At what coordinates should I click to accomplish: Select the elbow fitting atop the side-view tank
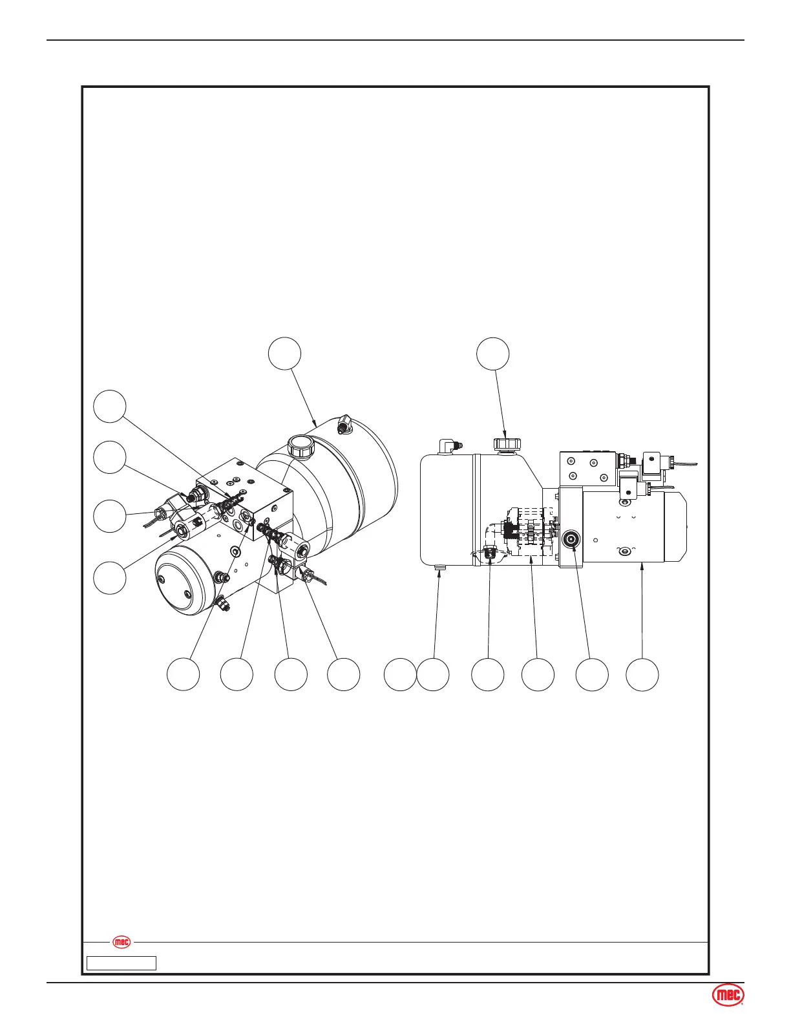click(447, 445)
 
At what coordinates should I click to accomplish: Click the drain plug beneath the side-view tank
click(439, 568)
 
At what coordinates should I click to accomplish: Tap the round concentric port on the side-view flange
click(570, 539)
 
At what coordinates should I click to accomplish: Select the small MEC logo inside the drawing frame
click(121, 942)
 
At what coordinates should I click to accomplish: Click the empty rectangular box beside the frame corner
click(121, 963)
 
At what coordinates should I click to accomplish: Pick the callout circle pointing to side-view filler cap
click(492, 353)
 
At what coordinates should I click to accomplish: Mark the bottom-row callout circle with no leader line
click(400, 674)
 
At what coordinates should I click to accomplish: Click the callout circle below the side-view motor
click(642, 674)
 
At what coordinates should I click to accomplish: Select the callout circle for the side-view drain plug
click(433, 674)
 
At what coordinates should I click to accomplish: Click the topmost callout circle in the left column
click(109, 406)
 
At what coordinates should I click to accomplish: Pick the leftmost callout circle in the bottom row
click(183, 674)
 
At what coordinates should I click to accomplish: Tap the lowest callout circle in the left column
click(109, 577)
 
